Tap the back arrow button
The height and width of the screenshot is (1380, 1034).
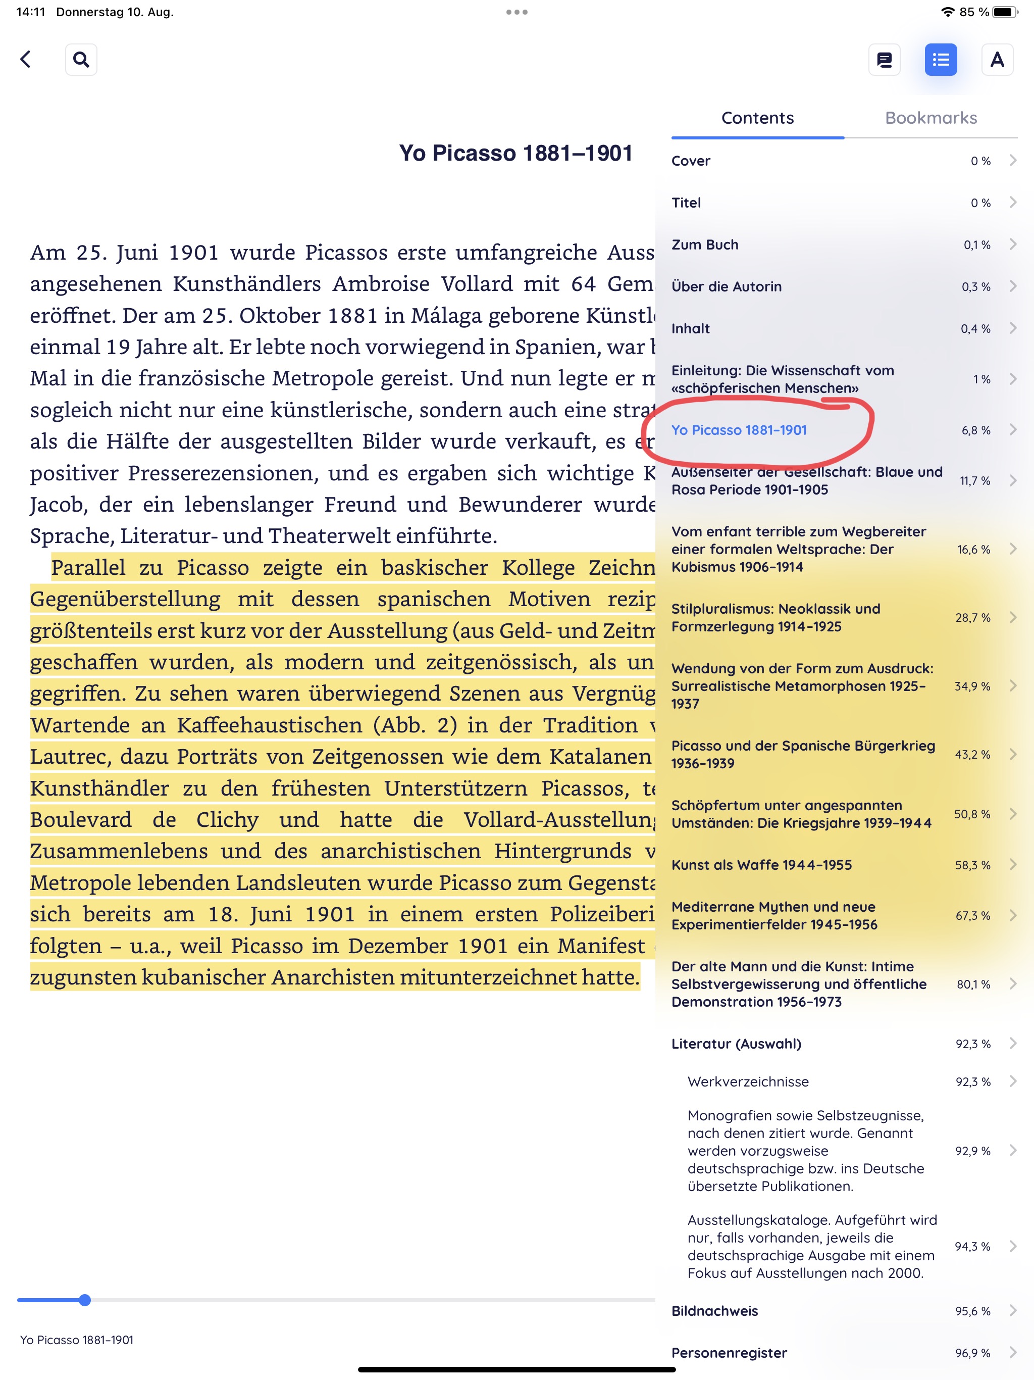26,59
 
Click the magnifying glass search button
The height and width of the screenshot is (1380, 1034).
81,59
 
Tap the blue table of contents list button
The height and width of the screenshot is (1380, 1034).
940,59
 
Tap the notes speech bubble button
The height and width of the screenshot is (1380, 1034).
884,59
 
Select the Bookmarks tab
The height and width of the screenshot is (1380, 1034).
930,118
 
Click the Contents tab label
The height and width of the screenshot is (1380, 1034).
757,118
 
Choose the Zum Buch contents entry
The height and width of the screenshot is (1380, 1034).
705,244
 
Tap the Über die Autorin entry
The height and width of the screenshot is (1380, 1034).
726,286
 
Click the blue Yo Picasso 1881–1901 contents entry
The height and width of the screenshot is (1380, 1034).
739,430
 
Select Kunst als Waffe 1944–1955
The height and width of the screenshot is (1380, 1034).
761,865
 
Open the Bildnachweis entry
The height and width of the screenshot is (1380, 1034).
714,1311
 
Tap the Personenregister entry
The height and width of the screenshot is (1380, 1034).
729,1353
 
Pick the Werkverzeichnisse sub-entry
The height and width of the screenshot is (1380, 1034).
748,1081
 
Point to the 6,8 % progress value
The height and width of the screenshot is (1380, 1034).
975,430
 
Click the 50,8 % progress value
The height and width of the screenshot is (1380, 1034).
971,814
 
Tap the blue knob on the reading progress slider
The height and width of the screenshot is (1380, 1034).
85,1300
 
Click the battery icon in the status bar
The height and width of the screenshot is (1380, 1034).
1004,12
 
